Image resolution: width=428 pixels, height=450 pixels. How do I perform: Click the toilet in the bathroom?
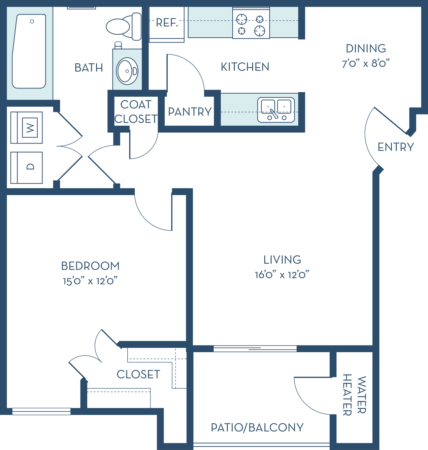[x=124, y=27]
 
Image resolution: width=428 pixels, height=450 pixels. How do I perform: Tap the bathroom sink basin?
[x=127, y=71]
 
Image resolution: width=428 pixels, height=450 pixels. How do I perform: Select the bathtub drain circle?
[x=32, y=22]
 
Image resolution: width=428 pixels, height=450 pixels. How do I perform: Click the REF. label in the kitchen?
[x=167, y=23]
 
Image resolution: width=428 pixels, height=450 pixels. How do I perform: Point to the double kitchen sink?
[x=276, y=110]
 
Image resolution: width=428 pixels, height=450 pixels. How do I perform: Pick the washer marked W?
[x=27, y=128]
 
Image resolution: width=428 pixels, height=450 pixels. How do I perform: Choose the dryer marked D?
[x=27, y=168]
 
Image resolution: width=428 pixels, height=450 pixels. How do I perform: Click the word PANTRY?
[x=190, y=112]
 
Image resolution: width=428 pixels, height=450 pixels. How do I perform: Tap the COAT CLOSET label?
[x=136, y=112]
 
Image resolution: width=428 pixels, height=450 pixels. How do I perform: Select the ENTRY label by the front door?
[x=396, y=147]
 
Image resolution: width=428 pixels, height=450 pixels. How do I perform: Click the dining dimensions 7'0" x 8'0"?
[x=366, y=63]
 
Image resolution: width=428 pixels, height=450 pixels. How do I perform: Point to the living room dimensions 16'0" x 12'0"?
[x=282, y=275]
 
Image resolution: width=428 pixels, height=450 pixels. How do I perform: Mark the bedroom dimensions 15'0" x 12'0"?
[x=90, y=281]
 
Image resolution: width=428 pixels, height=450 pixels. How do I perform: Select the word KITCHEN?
[x=245, y=67]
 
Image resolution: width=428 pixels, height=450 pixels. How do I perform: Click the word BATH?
[x=89, y=68]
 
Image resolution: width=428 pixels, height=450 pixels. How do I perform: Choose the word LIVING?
[x=282, y=260]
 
